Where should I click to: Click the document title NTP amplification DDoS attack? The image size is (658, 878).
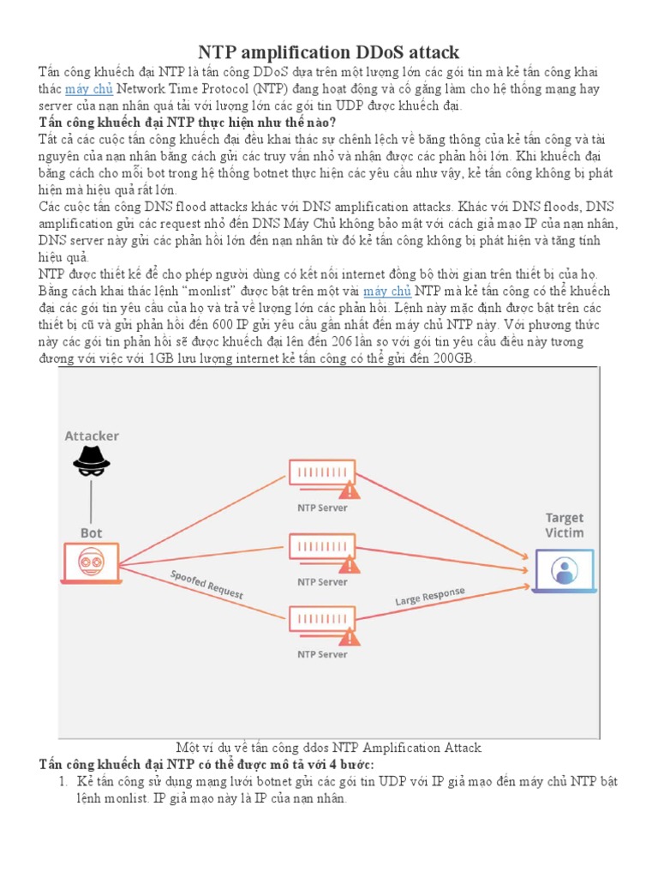coord(329,52)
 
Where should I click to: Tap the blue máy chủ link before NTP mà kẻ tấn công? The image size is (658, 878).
coord(387,292)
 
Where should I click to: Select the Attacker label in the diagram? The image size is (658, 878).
coord(92,436)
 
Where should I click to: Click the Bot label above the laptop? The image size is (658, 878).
coord(91,533)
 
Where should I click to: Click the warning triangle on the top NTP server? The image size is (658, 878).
coord(350,490)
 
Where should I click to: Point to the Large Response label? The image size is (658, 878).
coord(429,596)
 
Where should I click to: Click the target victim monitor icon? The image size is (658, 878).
coord(563,570)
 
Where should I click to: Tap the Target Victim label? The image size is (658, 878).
coord(565,525)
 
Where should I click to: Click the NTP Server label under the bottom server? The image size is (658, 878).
coord(322,654)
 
